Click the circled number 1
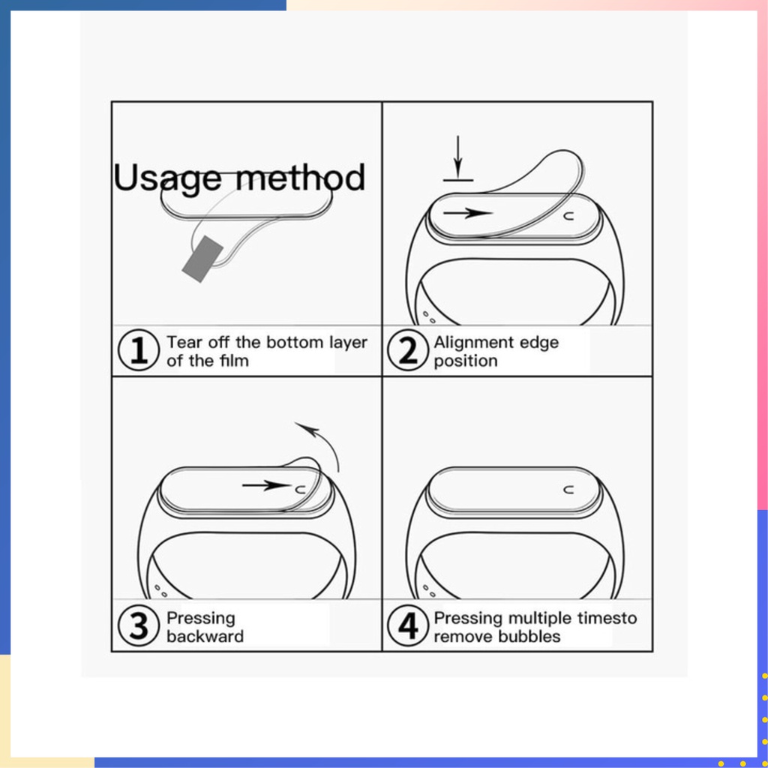coord(139,349)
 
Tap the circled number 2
coord(407,349)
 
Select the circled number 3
coord(139,625)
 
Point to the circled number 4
coord(407,625)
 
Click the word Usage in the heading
coord(167,178)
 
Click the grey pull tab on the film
coord(202,259)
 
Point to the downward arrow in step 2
coord(458,157)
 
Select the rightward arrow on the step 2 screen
coord(468,212)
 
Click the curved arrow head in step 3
coord(307,427)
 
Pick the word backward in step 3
coord(205,636)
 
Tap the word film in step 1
coord(234,361)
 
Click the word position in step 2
coord(465,361)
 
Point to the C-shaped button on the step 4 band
coord(568,489)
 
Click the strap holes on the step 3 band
coord(160,590)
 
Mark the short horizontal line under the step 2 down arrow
coord(458,180)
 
